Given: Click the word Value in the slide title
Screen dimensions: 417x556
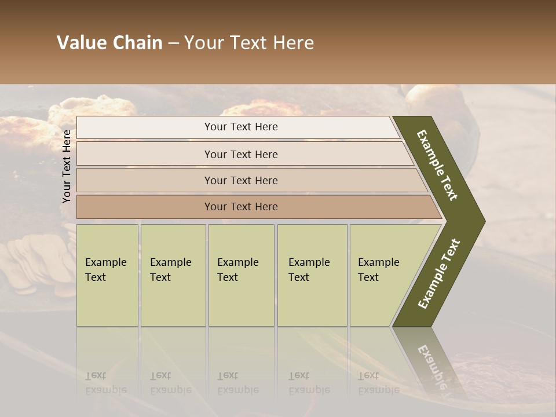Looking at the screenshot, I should point(80,43).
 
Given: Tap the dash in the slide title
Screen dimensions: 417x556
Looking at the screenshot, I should point(173,43).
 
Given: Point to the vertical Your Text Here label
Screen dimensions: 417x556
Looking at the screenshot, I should point(67,166).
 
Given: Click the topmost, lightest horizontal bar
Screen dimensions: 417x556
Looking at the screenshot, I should point(240,127).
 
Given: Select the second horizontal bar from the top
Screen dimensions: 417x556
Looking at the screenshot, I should point(240,154).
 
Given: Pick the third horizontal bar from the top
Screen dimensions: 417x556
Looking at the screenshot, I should point(240,180).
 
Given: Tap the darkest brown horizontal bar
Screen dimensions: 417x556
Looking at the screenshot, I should point(240,207).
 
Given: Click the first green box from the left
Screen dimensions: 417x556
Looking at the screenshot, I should point(107,275).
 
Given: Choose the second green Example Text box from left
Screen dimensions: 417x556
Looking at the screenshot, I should point(173,275).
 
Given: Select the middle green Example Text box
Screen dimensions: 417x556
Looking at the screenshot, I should point(241,275).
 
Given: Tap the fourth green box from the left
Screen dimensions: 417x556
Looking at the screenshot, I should point(312,275).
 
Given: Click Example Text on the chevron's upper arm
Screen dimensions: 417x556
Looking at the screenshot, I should point(437,165).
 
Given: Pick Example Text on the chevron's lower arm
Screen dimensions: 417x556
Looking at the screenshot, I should point(439,274).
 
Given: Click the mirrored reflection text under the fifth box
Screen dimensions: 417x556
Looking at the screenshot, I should point(378,383).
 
